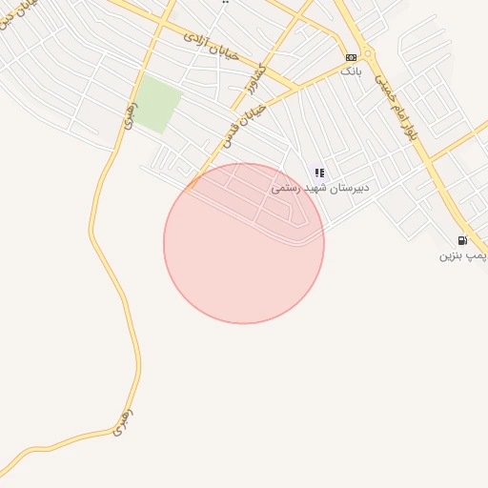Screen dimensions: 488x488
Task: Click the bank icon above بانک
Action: point(351,57)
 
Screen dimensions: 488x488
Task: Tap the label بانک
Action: point(351,71)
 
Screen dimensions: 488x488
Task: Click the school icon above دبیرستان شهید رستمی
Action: point(319,173)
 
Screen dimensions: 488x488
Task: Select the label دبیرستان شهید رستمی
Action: point(319,188)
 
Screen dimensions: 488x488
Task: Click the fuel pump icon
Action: point(462,241)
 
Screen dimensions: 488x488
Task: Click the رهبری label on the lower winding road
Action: point(121,422)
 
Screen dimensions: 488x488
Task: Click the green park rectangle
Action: point(155,106)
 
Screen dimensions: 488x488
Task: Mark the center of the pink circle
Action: point(244,243)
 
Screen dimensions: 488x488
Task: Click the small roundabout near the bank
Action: point(368,54)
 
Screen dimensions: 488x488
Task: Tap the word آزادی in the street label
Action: point(194,38)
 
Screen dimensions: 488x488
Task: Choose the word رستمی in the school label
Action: point(287,188)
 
